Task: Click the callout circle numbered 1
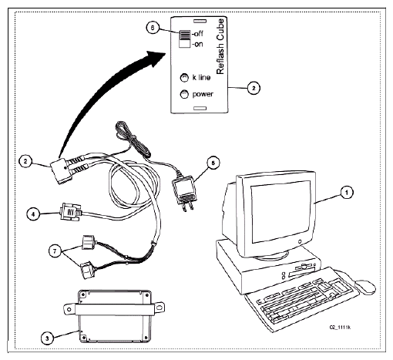click(347, 192)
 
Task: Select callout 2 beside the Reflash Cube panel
click(254, 88)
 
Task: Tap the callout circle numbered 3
click(47, 338)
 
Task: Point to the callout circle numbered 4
click(33, 214)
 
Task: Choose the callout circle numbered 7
click(55, 251)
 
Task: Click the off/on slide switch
click(185, 39)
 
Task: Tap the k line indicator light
click(184, 78)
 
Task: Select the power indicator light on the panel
click(184, 94)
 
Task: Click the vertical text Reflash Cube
click(220, 46)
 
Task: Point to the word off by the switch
click(198, 34)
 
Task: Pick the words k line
click(201, 77)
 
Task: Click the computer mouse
click(365, 287)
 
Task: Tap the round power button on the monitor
click(300, 242)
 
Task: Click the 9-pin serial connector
click(70, 212)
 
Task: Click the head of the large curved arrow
click(156, 59)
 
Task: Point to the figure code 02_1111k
click(340, 327)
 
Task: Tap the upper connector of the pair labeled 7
click(89, 242)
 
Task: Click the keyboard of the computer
click(302, 299)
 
